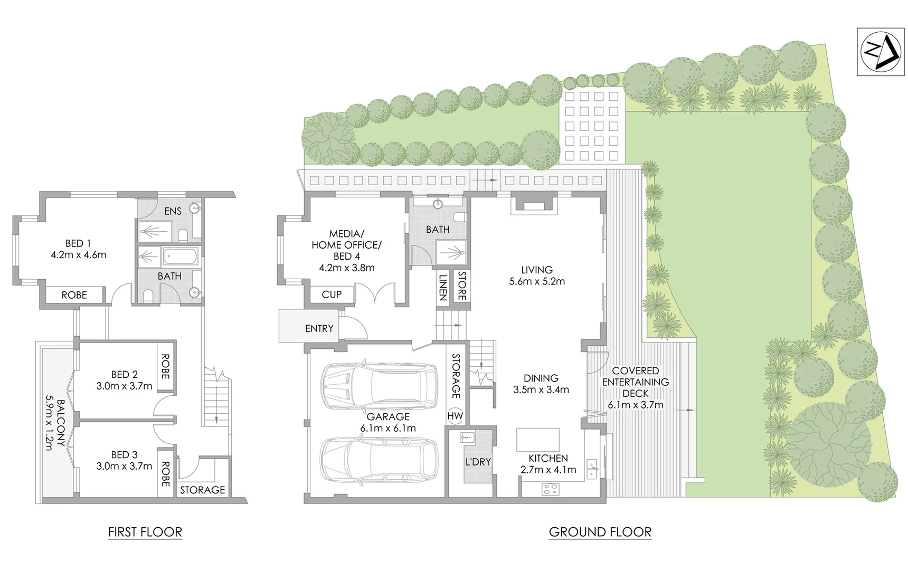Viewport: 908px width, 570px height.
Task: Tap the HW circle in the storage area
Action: coord(455,416)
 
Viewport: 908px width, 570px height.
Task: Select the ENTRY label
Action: coord(319,328)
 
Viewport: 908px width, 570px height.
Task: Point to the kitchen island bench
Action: coord(537,439)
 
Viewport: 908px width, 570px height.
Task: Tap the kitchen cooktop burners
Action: coord(550,489)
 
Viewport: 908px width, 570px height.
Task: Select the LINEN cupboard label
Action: coord(443,288)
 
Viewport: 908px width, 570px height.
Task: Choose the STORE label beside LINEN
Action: coord(461,286)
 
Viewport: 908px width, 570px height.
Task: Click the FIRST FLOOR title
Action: coord(145,532)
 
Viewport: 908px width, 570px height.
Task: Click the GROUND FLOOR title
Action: coord(600,532)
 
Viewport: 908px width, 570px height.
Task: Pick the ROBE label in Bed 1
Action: coord(74,295)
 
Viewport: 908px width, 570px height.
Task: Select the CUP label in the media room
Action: coord(332,294)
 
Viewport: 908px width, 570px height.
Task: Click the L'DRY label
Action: coord(478,462)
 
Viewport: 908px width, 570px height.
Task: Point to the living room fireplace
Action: coord(534,203)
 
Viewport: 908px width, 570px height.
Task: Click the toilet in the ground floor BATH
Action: coord(459,217)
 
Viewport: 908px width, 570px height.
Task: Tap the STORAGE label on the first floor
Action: coord(202,490)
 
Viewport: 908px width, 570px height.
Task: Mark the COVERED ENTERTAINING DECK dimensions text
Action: coord(636,405)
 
